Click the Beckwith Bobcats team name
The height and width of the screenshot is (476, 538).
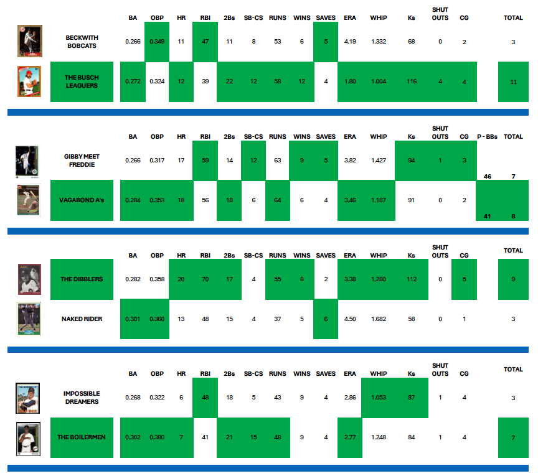(82, 42)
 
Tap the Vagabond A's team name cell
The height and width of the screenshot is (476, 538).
(82, 200)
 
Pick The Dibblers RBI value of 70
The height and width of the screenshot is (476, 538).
(205, 279)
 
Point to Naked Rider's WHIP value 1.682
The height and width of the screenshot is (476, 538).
(378, 319)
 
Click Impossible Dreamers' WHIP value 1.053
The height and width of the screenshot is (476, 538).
(378, 398)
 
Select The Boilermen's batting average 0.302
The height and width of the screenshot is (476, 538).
(133, 437)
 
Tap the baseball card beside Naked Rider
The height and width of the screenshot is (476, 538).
(29, 319)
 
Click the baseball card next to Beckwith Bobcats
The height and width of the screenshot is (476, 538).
(29, 42)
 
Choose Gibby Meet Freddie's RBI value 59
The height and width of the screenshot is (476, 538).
(205, 161)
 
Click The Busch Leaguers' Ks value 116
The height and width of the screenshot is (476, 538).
(411, 82)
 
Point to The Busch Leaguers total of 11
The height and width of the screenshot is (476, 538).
(513, 82)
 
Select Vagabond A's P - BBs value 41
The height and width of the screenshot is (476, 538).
(488, 216)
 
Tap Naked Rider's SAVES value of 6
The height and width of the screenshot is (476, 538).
(325, 319)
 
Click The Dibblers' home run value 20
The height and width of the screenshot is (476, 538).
(181, 279)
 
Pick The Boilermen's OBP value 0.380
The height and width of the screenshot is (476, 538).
(157, 437)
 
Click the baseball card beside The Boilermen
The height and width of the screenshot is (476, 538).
(28, 437)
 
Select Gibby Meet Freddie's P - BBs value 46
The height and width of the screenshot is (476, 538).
(488, 177)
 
